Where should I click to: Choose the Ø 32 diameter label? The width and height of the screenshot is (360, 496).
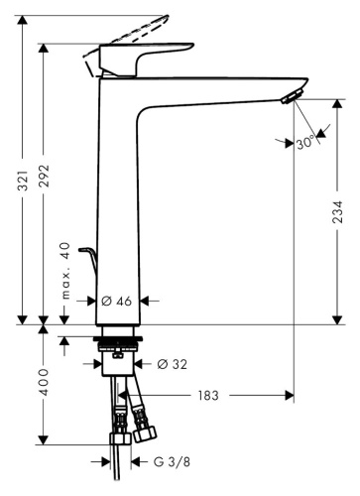click(x=170, y=363)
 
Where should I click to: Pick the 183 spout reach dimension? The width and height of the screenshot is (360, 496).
click(x=208, y=395)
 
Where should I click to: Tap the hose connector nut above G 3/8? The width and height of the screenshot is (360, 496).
click(x=119, y=435)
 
